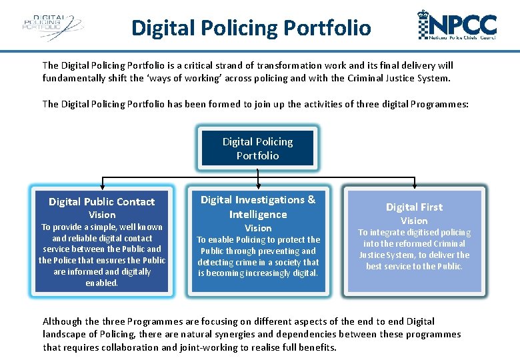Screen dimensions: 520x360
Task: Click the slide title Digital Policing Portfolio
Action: click(251, 28)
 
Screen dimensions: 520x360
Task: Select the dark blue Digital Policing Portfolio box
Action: click(257, 148)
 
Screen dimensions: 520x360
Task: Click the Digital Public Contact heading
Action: click(101, 201)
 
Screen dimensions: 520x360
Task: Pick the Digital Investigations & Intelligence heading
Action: click(257, 207)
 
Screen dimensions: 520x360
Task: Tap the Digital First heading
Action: click(414, 207)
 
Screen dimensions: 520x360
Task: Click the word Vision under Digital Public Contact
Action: click(102, 215)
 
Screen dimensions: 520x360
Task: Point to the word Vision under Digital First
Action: click(414, 221)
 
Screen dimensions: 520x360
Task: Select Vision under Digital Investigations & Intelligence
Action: click(257, 228)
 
